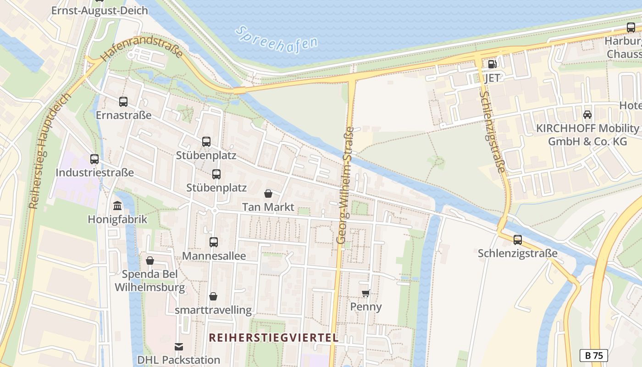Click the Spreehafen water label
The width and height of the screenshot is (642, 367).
(x=277, y=39)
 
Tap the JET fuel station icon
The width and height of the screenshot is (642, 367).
(x=492, y=64)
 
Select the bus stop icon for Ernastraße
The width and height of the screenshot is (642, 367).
(x=123, y=102)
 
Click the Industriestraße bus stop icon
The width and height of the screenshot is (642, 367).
(x=94, y=159)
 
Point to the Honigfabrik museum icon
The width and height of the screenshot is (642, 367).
(x=117, y=206)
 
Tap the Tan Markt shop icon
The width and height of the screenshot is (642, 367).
(x=268, y=194)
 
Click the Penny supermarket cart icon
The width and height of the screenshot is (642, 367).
(x=365, y=293)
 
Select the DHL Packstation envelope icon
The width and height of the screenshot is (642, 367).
(x=178, y=347)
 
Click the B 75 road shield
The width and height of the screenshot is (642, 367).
(x=593, y=355)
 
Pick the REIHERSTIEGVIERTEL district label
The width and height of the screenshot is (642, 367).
(x=274, y=338)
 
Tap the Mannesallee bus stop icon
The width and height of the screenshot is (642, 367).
(x=214, y=242)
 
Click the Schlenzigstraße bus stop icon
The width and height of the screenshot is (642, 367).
(x=518, y=239)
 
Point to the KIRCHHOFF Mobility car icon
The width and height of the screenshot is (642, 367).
(x=587, y=115)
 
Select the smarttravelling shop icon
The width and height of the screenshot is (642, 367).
(x=213, y=297)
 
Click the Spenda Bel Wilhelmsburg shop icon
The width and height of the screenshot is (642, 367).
(x=150, y=261)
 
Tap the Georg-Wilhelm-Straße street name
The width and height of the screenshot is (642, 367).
(x=345, y=185)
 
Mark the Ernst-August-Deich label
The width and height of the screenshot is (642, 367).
(x=100, y=10)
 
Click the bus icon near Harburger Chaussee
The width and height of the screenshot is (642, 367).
(x=631, y=28)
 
